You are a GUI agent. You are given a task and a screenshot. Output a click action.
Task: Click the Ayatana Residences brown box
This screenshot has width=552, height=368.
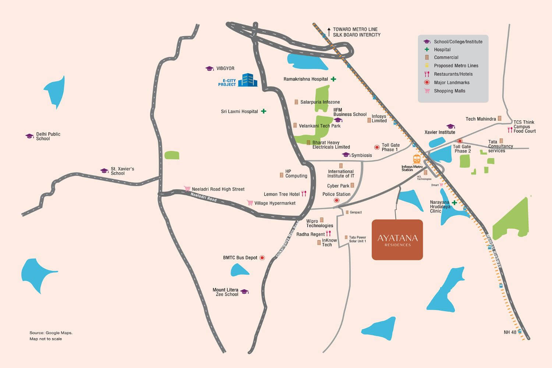397,240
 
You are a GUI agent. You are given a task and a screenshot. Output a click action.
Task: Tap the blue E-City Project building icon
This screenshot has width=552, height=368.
248,80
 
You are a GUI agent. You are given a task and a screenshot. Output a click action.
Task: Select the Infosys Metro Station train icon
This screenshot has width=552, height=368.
417,159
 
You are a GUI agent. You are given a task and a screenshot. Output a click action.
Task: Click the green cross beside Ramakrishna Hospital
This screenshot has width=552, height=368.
333,79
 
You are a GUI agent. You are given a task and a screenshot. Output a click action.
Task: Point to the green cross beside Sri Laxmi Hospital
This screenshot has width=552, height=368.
263,111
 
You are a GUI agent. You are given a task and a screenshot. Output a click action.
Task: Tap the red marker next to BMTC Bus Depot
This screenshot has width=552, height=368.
262,258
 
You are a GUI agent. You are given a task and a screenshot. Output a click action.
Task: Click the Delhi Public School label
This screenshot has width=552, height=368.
48,136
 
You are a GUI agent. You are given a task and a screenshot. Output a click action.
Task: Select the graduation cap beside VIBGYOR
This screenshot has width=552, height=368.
209,68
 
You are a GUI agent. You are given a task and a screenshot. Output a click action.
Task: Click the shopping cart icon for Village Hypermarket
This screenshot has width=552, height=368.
250,203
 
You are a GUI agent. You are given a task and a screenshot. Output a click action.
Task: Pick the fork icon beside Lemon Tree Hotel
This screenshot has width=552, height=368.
304,194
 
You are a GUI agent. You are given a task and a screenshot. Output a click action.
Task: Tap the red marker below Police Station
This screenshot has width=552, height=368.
336,201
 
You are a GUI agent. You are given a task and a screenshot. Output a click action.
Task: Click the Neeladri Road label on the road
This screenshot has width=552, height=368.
204,197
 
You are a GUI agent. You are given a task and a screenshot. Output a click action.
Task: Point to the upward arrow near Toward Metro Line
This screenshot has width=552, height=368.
329,31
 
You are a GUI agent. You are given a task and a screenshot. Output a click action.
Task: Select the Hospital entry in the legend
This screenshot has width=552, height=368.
442,50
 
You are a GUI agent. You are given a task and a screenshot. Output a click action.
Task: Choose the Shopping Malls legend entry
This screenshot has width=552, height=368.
449,91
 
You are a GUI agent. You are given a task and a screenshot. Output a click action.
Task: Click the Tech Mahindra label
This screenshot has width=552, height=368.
481,119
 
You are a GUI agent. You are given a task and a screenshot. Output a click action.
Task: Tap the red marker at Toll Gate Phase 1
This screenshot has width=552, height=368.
377,147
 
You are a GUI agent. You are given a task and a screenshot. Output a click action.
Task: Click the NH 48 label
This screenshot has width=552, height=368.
510,332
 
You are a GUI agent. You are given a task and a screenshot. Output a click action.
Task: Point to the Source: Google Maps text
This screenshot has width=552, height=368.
51,333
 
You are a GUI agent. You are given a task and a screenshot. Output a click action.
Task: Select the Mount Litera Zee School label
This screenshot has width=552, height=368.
226,292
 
